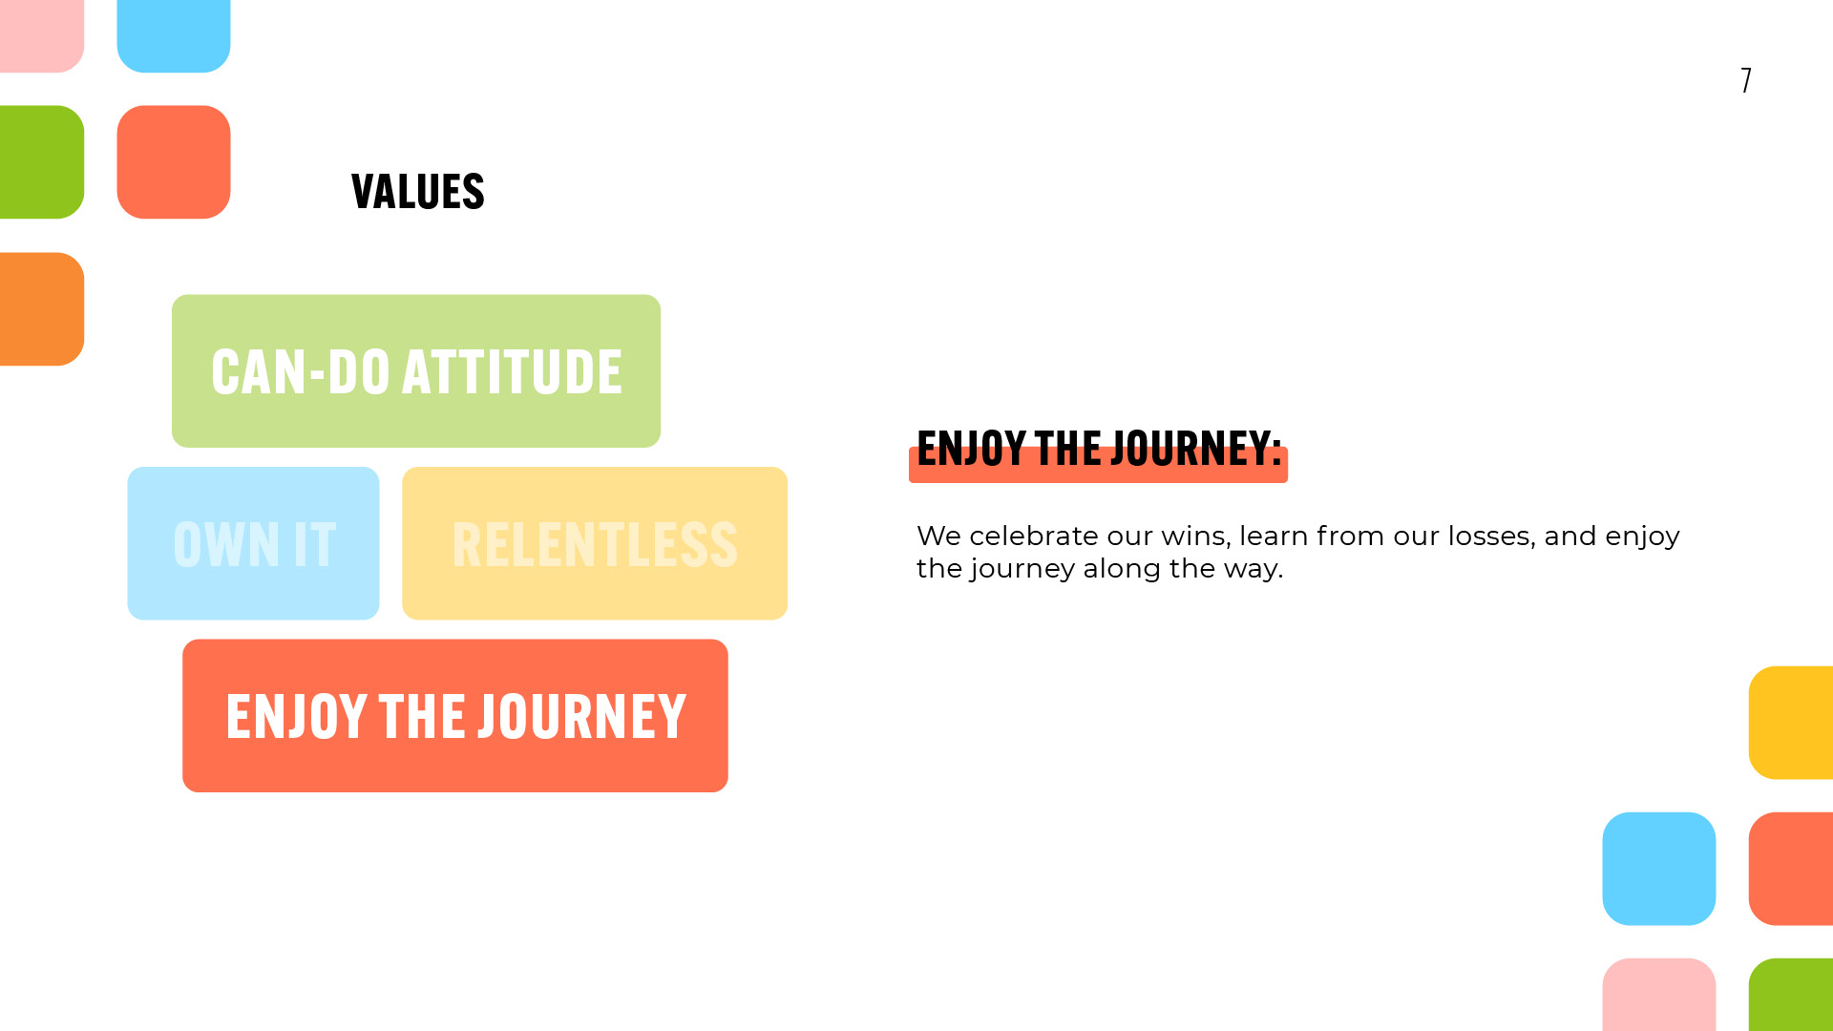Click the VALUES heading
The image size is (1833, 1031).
418,192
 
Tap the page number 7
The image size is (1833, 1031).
1746,79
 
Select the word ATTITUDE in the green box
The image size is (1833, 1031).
512,371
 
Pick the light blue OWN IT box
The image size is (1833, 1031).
253,543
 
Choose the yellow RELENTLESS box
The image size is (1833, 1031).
595,543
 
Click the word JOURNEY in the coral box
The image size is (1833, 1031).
582,717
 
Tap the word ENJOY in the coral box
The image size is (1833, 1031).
296,717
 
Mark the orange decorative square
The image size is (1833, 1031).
42,308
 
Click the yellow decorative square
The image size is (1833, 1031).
1791,723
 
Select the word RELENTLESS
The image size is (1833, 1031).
595,545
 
